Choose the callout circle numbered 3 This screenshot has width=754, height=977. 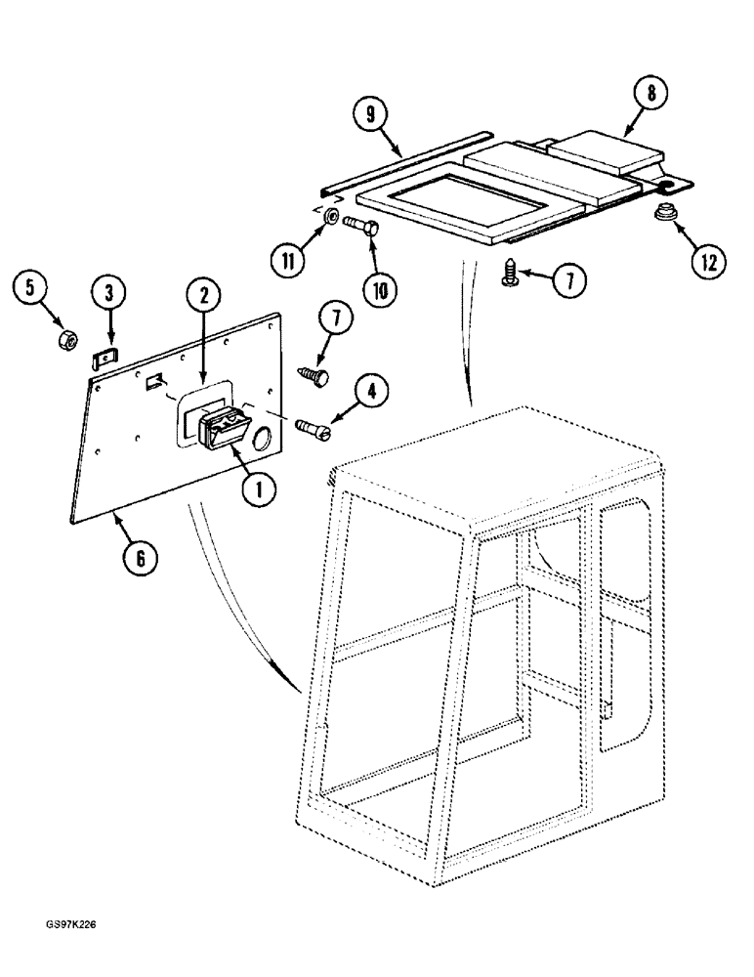(x=108, y=290)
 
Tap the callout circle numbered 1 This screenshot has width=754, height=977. (x=257, y=490)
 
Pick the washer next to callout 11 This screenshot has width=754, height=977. (x=333, y=217)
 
